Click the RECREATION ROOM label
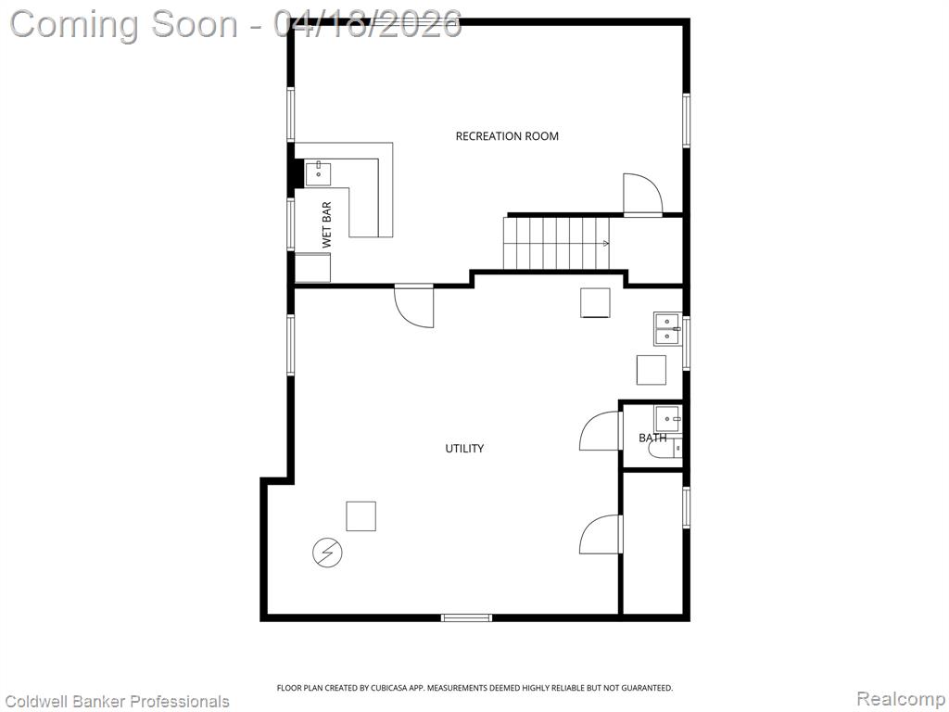507,136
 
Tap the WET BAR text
327,224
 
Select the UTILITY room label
464,449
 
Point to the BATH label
652,438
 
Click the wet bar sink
318,173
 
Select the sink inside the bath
667,418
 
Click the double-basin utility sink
667,329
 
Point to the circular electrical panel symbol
327,553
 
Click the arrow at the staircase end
606,244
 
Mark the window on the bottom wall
466,617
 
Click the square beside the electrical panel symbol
361,515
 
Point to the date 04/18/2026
367,24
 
